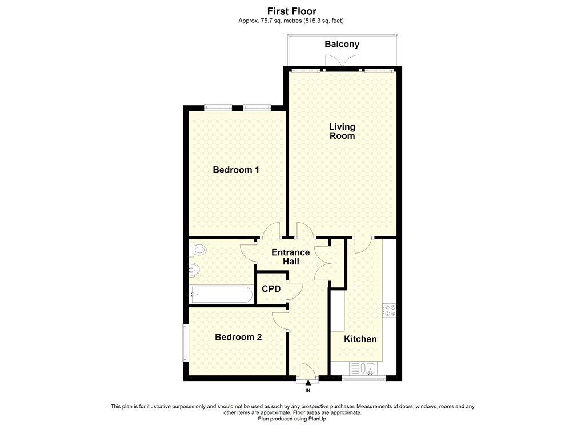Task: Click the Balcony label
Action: point(342,44)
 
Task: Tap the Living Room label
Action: point(342,131)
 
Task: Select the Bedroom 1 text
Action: point(236,170)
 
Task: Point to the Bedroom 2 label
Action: point(238,337)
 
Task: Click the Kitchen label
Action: point(360,339)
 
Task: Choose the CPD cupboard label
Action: point(271,289)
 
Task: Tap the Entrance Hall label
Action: point(291,256)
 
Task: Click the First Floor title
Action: point(292,11)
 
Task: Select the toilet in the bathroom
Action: point(197,250)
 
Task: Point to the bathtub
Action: point(221,295)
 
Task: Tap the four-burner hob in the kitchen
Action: point(389,310)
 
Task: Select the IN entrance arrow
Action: point(308,383)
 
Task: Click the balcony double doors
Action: point(342,61)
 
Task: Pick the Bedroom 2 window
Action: point(185,343)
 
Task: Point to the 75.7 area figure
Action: point(267,21)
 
